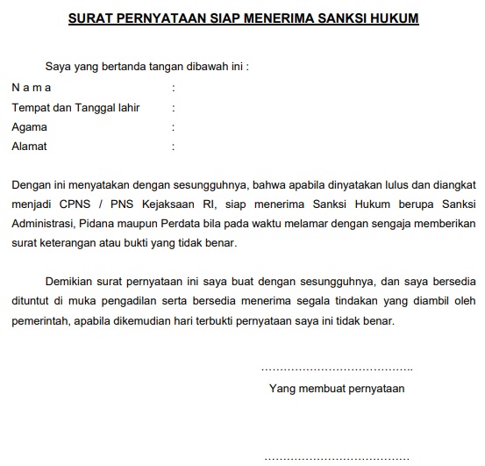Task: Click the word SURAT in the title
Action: (x=93, y=18)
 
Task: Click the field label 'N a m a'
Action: (x=32, y=88)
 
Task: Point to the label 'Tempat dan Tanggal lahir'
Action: (x=75, y=107)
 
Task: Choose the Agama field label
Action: (x=29, y=126)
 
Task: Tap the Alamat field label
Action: (x=29, y=147)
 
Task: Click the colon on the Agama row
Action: (x=174, y=126)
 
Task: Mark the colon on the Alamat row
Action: (x=174, y=147)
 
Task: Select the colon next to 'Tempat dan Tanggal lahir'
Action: (x=174, y=107)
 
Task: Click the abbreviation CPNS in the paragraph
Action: (x=69, y=204)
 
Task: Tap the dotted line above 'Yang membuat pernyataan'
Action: (x=337, y=368)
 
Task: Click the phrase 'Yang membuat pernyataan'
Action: (x=337, y=387)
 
